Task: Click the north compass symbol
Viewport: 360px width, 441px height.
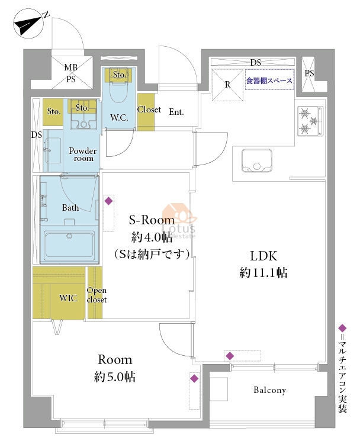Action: click(29, 24)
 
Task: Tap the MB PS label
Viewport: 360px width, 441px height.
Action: click(70, 73)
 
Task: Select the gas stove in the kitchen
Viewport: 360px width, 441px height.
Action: click(310, 121)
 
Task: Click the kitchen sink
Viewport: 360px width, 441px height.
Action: click(256, 161)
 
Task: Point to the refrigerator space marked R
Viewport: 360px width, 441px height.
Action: click(227, 85)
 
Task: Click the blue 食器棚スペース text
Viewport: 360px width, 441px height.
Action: click(269, 81)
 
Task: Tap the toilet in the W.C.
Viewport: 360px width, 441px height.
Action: click(118, 87)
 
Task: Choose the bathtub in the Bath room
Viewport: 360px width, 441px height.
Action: click(69, 244)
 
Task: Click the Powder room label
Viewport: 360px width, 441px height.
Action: click(83, 154)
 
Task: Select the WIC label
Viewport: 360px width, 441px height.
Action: click(68, 298)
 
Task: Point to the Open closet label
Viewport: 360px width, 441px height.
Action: click(97, 295)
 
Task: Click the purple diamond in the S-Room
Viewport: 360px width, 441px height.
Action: click(108, 201)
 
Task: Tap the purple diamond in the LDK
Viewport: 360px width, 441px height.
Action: click(230, 356)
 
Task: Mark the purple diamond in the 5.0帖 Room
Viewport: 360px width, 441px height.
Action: click(194, 379)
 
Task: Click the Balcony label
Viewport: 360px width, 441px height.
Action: click(269, 390)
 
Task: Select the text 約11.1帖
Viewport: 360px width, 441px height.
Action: click(263, 272)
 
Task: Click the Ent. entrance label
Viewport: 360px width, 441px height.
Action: click(176, 112)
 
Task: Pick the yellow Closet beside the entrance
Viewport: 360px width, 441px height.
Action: click(146, 112)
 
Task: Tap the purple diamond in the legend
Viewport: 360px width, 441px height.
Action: click(342, 328)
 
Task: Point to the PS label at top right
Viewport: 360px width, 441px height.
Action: click(309, 73)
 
